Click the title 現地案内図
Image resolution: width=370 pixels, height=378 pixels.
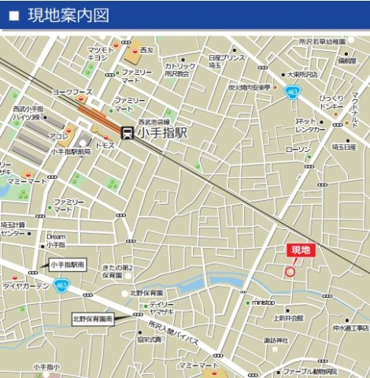(68, 15)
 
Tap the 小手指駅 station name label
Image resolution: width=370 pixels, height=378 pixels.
(163, 133)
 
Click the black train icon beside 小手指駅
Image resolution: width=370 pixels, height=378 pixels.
(127, 133)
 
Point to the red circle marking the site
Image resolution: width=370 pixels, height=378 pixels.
(289, 271)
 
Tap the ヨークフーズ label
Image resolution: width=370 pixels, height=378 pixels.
(73, 92)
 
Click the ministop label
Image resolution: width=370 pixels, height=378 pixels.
(263, 302)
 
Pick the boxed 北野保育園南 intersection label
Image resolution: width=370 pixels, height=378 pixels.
(93, 319)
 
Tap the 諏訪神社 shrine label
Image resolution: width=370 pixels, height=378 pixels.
(276, 339)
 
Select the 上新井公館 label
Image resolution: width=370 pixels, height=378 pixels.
(288, 319)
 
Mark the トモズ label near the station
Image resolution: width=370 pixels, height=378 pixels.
(105, 146)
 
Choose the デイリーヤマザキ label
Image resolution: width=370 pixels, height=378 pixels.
(163, 308)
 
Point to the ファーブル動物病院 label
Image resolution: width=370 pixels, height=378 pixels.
(310, 371)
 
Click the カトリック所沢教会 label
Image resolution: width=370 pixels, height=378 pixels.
(181, 70)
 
